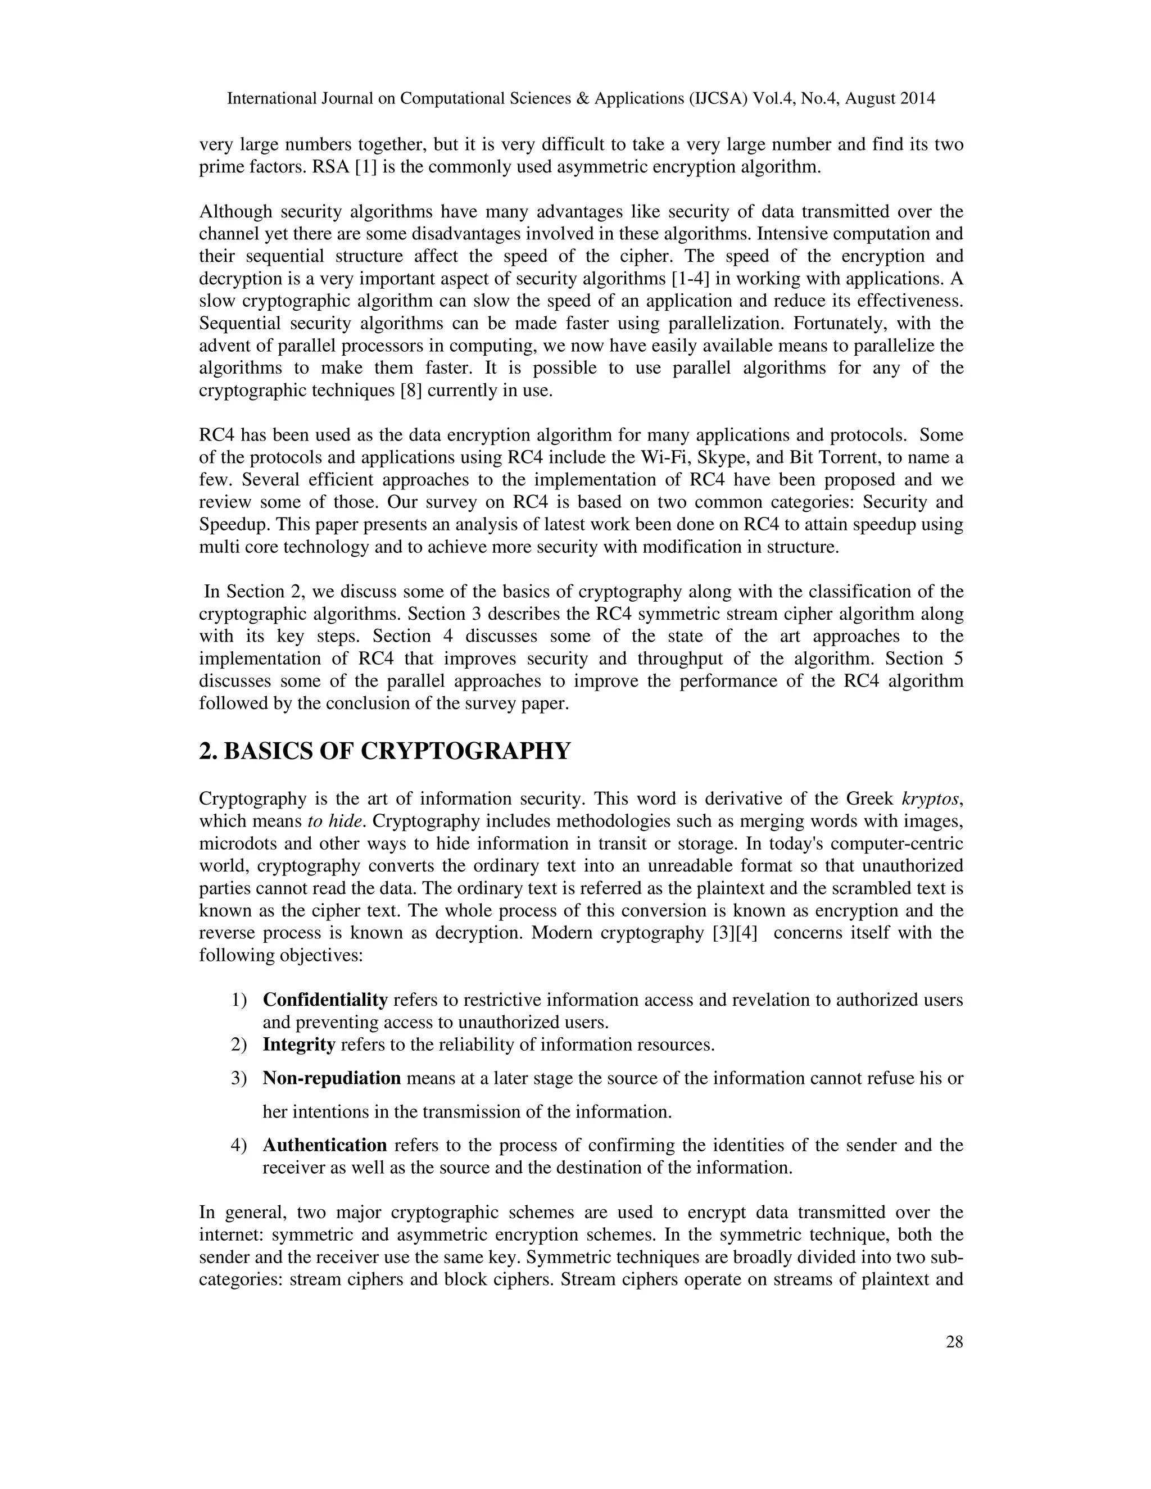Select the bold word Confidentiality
pyautogui.click(x=325, y=1000)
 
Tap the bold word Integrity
pyautogui.click(x=298, y=1045)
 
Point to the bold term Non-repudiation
pyautogui.click(x=332, y=1078)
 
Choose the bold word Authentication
pyautogui.click(x=325, y=1145)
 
